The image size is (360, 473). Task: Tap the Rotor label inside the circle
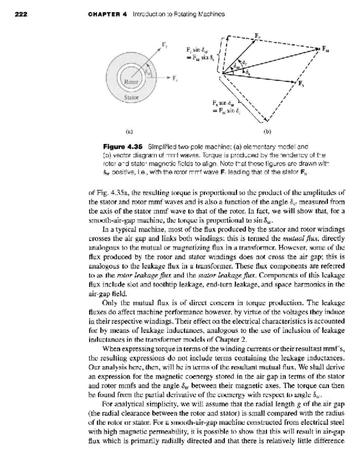[131, 82]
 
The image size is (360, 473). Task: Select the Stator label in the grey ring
[132, 97]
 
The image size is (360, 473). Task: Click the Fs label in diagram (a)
[174, 79]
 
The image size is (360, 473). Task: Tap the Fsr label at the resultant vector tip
[325, 48]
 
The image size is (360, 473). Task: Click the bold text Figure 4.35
[122, 147]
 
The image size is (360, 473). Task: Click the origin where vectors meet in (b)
[223, 73]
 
